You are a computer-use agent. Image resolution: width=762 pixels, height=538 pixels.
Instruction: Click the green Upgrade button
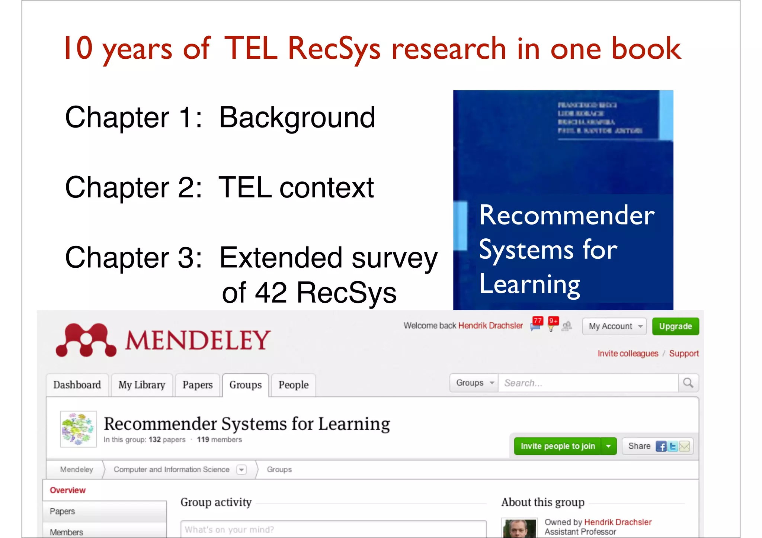coord(675,326)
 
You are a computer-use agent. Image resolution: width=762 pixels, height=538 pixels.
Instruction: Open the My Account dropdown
coord(614,326)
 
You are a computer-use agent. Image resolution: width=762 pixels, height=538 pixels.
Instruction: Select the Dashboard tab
coord(77,385)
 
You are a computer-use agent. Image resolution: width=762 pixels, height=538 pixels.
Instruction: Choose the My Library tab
coord(142,385)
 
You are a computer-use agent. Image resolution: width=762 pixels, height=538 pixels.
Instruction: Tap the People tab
coord(293,385)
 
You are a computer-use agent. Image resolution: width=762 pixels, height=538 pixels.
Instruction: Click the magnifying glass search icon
coord(688,383)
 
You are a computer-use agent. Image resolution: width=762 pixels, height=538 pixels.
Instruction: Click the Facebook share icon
coord(661,446)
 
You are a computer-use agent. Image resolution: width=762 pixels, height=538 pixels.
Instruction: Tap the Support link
coord(684,353)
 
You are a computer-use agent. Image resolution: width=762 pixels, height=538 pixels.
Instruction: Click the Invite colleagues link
coord(628,353)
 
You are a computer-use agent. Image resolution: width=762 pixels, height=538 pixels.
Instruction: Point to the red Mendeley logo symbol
coord(86,340)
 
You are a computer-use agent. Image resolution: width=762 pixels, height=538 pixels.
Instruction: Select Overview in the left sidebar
coord(68,490)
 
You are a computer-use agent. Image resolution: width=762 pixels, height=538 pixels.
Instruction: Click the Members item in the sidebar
coord(67,532)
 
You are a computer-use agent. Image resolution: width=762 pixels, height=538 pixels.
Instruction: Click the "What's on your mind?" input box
coord(333,529)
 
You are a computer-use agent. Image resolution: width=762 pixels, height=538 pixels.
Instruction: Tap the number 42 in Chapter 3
coord(270,293)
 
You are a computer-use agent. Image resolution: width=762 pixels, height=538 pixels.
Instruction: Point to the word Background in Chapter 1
coord(297,117)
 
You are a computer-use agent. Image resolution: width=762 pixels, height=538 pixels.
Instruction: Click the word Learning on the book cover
coord(529,284)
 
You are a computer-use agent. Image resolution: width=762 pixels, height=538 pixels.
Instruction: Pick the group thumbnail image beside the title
coord(78,429)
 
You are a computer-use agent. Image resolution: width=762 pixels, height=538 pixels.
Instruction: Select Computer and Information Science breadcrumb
coord(172,470)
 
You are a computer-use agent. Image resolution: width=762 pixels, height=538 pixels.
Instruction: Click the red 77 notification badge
coord(537,321)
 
